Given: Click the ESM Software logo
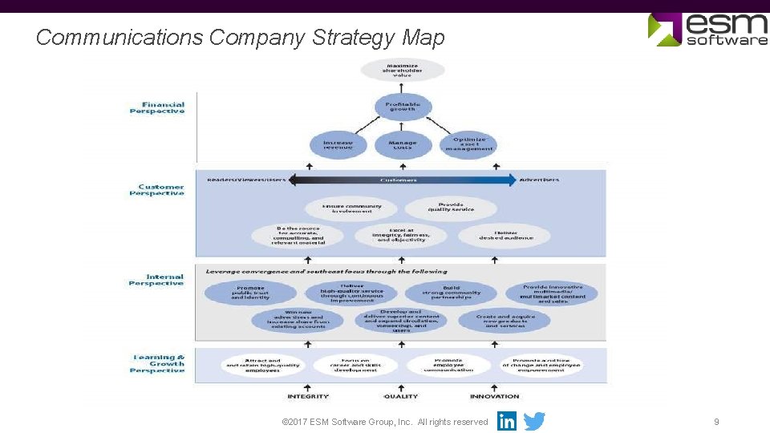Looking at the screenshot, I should [x=707, y=29].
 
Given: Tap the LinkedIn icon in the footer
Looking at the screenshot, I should [x=507, y=421].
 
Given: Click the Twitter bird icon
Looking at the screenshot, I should [x=534, y=421].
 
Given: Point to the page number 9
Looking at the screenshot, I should [x=716, y=422].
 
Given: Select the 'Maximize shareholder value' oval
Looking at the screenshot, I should [x=403, y=70].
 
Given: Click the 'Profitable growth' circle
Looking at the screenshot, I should [x=403, y=106].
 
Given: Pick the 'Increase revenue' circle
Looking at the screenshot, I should [x=338, y=145].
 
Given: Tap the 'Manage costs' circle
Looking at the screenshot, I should [x=403, y=145].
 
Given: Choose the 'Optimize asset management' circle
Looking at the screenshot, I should [x=468, y=144].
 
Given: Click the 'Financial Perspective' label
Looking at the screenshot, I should [x=157, y=107].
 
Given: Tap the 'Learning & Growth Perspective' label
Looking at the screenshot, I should [x=157, y=363].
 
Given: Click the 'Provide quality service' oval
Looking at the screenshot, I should [x=451, y=208].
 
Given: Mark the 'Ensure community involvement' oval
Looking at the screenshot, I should [x=352, y=208].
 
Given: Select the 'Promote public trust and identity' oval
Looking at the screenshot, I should [x=250, y=293].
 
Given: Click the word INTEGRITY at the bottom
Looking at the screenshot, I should [x=308, y=396].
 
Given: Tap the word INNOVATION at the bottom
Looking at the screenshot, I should [x=495, y=396].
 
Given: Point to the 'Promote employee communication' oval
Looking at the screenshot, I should [x=448, y=365].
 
